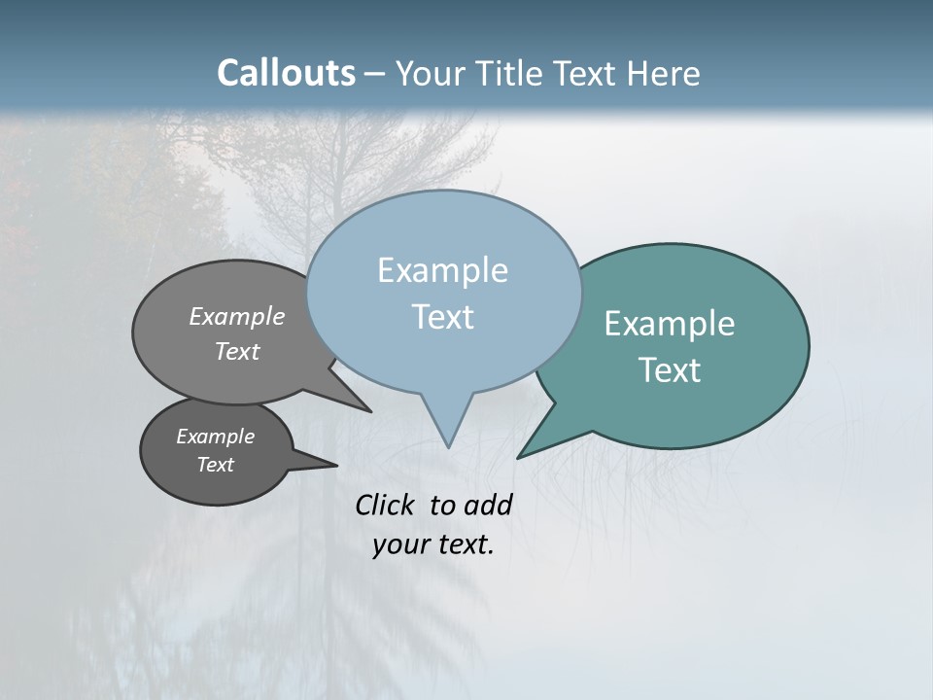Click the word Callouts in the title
286,73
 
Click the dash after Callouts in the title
375,74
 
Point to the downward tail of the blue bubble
446,423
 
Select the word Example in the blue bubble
442,270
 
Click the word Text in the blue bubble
442,317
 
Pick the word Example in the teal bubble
670,324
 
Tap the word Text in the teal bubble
670,370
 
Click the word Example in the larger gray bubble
237,317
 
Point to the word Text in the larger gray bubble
237,352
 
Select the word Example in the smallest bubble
215,437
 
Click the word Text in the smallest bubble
215,465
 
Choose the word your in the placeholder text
400,544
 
